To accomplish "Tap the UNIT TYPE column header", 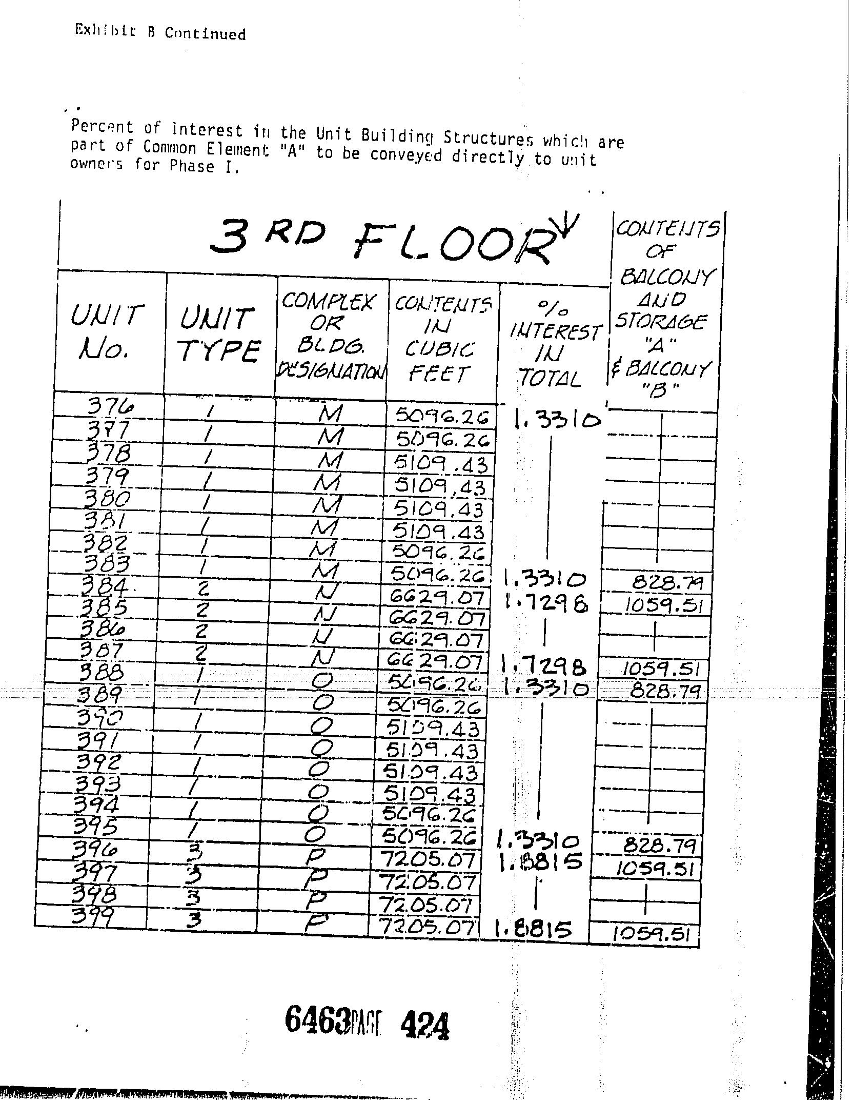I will coord(219,336).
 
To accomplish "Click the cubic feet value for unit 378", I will coord(441,464).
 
